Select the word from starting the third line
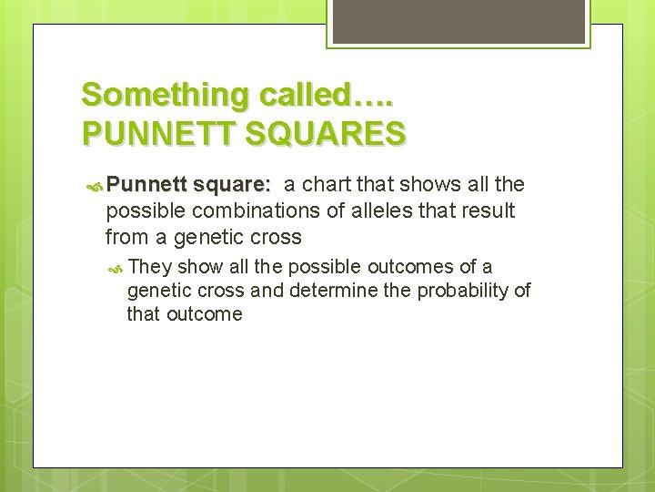tap(124, 238)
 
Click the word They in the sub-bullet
tap(150, 266)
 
